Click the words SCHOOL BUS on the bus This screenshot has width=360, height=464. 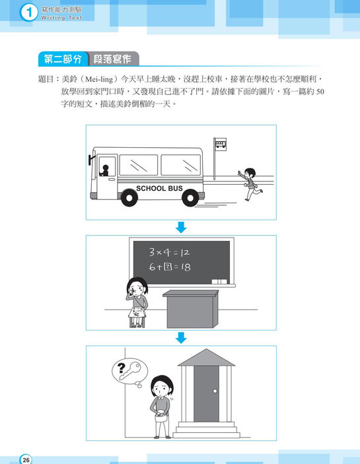[x=159, y=188]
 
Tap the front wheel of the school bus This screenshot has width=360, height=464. [x=129, y=197]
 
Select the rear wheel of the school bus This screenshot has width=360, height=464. [x=190, y=197]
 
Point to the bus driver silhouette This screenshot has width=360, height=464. [x=104, y=170]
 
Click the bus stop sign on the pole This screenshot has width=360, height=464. [x=221, y=145]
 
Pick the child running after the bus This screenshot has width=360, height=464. [x=250, y=183]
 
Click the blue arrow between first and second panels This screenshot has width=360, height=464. [x=181, y=227]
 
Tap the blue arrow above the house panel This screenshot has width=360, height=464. [x=181, y=338]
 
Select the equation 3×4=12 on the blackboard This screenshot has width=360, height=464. [x=169, y=252]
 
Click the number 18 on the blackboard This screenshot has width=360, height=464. [x=186, y=267]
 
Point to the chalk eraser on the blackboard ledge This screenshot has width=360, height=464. [x=219, y=281]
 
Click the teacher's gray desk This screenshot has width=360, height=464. [x=191, y=309]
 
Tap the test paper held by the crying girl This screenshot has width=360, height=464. [x=137, y=312]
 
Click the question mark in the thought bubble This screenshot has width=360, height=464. [x=121, y=368]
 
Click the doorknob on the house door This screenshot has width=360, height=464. [x=215, y=391]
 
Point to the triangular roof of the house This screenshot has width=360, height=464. [x=206, y=357]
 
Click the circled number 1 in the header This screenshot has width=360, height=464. [x=28, y=13]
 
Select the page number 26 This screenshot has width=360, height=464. [x=26, y=459]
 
